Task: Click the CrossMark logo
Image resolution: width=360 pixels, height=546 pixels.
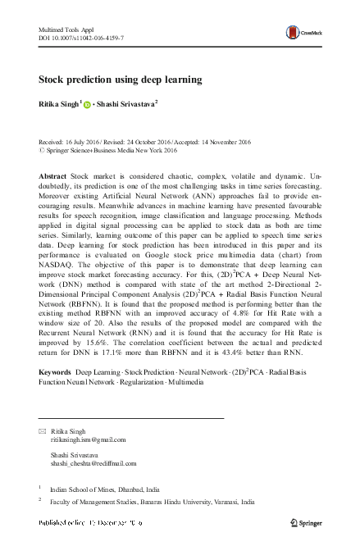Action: coord(301,33)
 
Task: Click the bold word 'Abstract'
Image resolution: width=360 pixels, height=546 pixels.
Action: coord(53,177)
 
